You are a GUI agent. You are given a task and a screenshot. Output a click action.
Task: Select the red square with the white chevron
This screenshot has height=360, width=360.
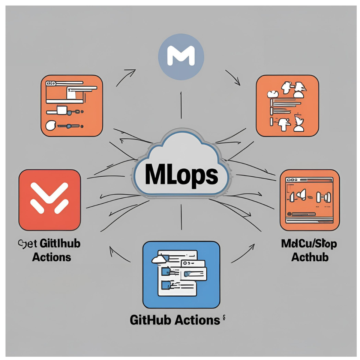point(49,199)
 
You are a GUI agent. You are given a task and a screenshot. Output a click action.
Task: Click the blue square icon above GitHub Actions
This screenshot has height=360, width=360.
point(181,274)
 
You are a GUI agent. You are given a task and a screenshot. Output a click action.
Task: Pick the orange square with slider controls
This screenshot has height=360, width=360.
point(71,106)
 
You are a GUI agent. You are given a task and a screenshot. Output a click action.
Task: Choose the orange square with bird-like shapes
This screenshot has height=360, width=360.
point(287,106)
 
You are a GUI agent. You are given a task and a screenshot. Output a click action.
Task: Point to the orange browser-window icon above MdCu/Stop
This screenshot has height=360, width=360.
point(309,199)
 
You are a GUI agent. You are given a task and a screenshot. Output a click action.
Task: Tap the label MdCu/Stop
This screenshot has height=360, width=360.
point(309,244)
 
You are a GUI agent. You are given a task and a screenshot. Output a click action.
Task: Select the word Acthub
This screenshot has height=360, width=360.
point(310,257)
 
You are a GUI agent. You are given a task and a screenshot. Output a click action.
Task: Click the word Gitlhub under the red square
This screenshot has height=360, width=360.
point(60,244)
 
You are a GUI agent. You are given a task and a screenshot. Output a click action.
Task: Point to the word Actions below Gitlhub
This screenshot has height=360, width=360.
point(52,257)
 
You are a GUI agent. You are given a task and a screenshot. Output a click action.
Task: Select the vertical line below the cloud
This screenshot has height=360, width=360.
point(181,217)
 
